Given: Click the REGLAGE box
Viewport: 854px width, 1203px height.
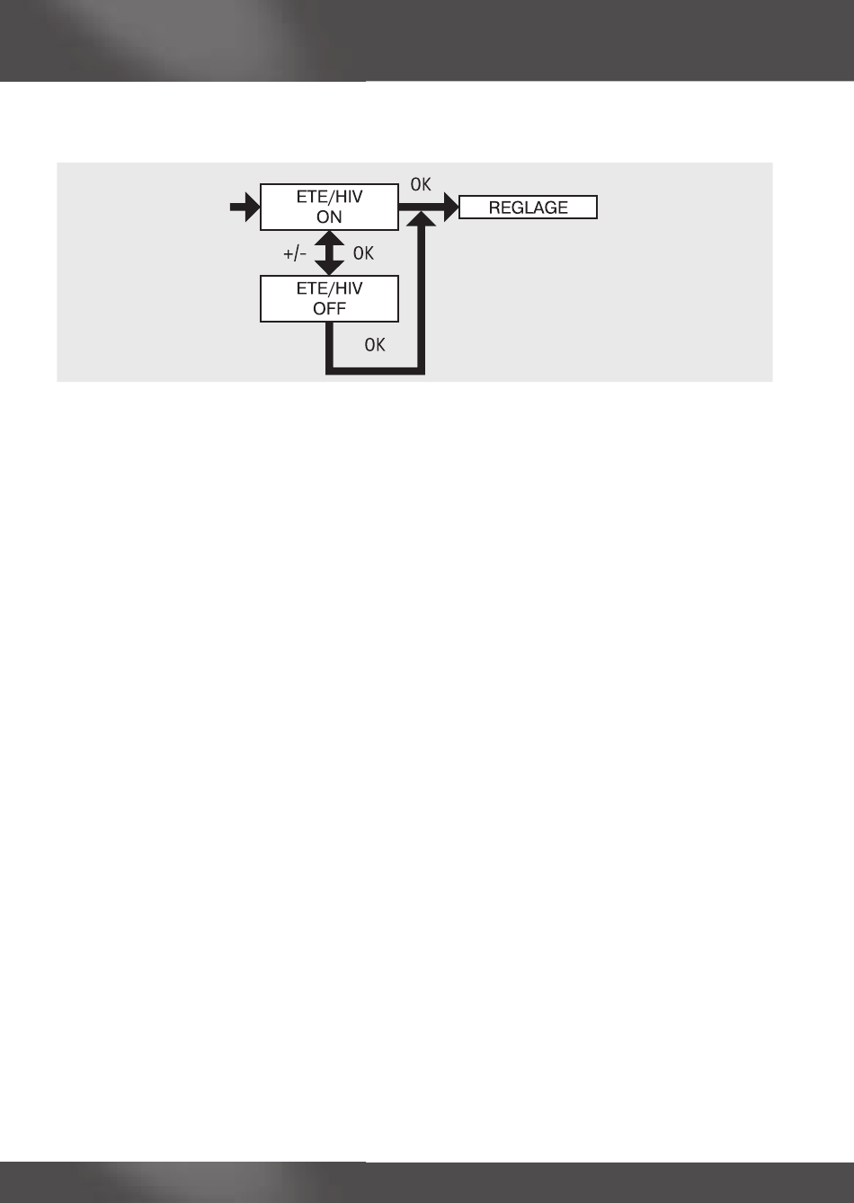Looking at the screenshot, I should coord(528,208).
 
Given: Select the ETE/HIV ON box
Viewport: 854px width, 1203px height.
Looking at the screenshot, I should coord(329,207).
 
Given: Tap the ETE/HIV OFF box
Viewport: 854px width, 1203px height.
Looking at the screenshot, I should coord(329,298).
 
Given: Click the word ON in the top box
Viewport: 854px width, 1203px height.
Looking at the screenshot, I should coord(329,217).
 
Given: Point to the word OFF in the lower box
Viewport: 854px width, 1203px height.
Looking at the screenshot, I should coord(329,309).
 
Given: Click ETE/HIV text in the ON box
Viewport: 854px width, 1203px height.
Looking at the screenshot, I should coord(329,197).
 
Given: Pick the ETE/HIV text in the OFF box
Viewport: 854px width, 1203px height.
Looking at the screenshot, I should coord(329,288).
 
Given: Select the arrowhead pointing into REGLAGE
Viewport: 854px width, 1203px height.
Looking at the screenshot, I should coord(449,208).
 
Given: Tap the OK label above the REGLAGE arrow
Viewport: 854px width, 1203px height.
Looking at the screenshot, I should coord(421,186).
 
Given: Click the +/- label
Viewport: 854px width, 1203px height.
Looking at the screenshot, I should coord(296,254).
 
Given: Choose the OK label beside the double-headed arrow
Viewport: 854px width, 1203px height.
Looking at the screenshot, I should coord(363,254).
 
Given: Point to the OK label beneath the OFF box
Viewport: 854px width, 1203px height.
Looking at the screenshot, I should coord(375,344).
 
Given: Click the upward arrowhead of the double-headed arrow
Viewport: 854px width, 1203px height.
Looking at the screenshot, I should coord(330,240).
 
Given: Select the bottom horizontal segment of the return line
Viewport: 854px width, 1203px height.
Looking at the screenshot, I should coord(375,370).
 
